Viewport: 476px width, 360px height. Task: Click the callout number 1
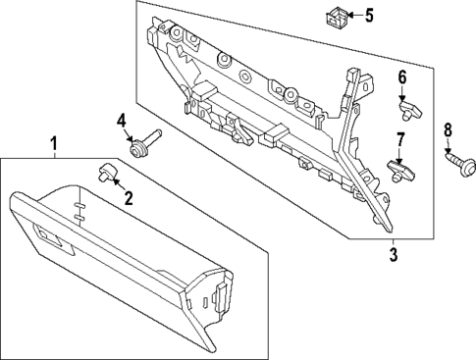(54, 146)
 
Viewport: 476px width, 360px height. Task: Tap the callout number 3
(393, 256)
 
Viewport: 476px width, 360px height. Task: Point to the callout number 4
(122, 121)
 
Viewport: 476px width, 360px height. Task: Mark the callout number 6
(401, 77)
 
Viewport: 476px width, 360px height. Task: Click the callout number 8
(448, 129)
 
